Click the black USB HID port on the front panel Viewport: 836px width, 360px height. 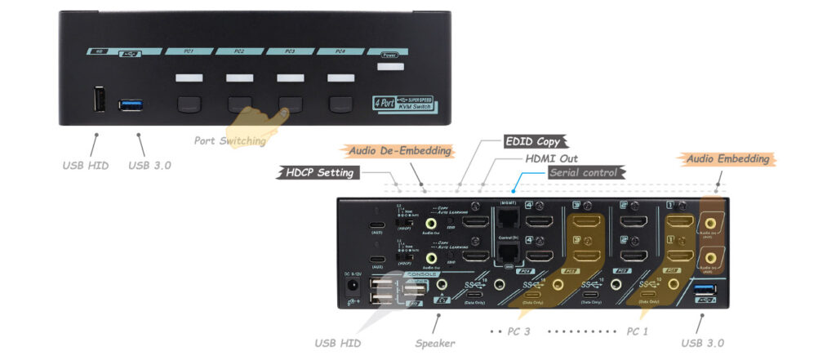(x=98, y=101)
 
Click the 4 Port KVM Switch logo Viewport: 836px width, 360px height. (x=405, y=104)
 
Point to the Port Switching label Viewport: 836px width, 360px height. (x=230, y=140)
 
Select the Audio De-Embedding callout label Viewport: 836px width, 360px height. (x=400, y=151)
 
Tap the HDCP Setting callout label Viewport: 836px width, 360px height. (x=319, y=172)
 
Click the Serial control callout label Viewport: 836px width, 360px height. (x=586, y=172)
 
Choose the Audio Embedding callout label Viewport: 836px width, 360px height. (x=727, y=158)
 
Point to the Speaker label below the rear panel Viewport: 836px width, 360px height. (x=435, y=343)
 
